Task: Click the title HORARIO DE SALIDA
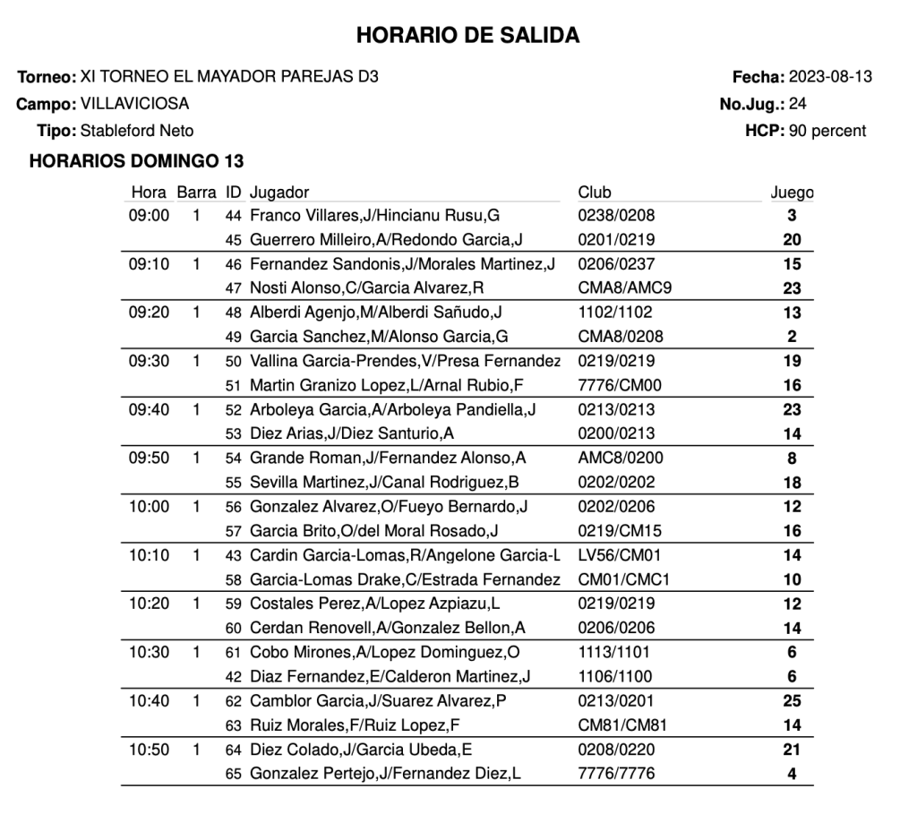pyautogui.click(x=467, y=35)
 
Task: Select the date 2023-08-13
pyautogui.click(x=830, y=77)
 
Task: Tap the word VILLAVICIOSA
pyautogui.click(x=134, y=104)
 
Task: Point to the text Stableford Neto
pyautogui.click(x=137, y=131)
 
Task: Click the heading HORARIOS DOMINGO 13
pyautogui.click(x=137, y=162)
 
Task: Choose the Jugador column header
pyautogui.click(x=279, y=193)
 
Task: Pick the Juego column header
pyautogui.click(x=792, y=193)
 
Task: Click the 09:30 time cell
pyautogui.click(x=150, y=362)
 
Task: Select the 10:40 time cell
pyautogui.click(x=150, y=701)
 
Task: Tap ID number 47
pyautogui.click(x=234, y=289)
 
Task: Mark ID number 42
pyautogui.click(x=234, y=677)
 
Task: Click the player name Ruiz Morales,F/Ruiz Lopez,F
pyautogui.click(x=355, y=725)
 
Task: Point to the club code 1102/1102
pyautogui.click(x=615, y=313)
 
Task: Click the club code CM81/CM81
pyautogui.click(x=622, y=725)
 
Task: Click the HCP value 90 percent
pyautogui.click(x=827, y=131)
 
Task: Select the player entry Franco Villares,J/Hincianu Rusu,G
pyautogui.click(x=374, y=216)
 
